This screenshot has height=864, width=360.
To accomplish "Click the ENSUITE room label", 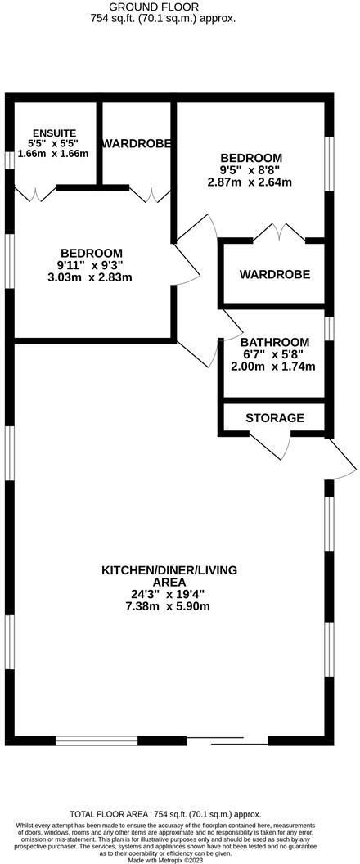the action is (54, 133).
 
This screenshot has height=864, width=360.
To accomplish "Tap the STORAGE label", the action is (275, 417).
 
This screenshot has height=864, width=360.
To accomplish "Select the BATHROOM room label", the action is (275, 342).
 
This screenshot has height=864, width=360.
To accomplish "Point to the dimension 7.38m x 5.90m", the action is (169, 606).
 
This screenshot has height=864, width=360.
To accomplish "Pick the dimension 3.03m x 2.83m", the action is (90, 277).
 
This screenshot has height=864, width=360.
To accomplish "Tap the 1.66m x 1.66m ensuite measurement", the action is (53, 154).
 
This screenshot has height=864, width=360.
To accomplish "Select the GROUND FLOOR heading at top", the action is (146, 7).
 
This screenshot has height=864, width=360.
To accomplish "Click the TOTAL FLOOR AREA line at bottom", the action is (165, 814).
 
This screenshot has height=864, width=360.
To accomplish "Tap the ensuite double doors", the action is (34, 194).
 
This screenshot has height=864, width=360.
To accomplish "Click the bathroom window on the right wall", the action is (329, 328).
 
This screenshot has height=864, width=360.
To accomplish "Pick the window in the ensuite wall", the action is (9, 160).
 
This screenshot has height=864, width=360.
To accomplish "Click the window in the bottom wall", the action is (97, 740).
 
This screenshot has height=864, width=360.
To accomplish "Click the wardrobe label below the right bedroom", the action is (275, 274).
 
